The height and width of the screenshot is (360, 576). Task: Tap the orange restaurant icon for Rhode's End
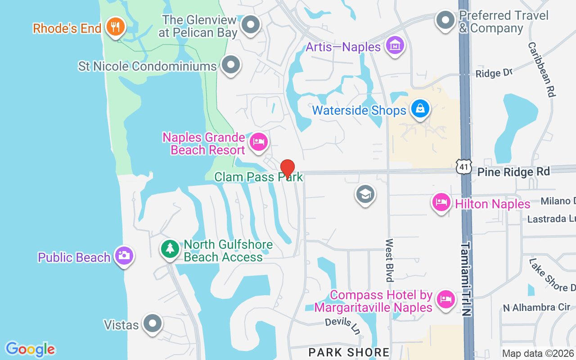point(116,27)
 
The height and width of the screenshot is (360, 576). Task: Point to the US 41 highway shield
point(463,167)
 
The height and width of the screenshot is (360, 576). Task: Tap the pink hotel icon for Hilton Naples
point(441,202)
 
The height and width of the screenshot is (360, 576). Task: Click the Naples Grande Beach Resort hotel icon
point(258,142)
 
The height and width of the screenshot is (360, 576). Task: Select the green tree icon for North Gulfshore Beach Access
point(170,248)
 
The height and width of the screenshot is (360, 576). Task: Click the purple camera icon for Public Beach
point(124,256)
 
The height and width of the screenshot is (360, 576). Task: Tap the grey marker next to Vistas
point(152,323)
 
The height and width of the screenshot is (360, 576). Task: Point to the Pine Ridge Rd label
point(513,172)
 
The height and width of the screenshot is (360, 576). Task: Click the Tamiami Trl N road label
point(466,279)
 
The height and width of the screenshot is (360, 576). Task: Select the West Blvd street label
point(389,260)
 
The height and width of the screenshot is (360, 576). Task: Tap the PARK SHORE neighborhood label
point(349,352)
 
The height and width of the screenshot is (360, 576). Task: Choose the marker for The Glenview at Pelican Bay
point(251,25)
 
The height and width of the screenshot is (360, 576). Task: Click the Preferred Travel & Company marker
point(446,20)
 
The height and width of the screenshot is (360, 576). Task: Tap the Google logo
point(31,349)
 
